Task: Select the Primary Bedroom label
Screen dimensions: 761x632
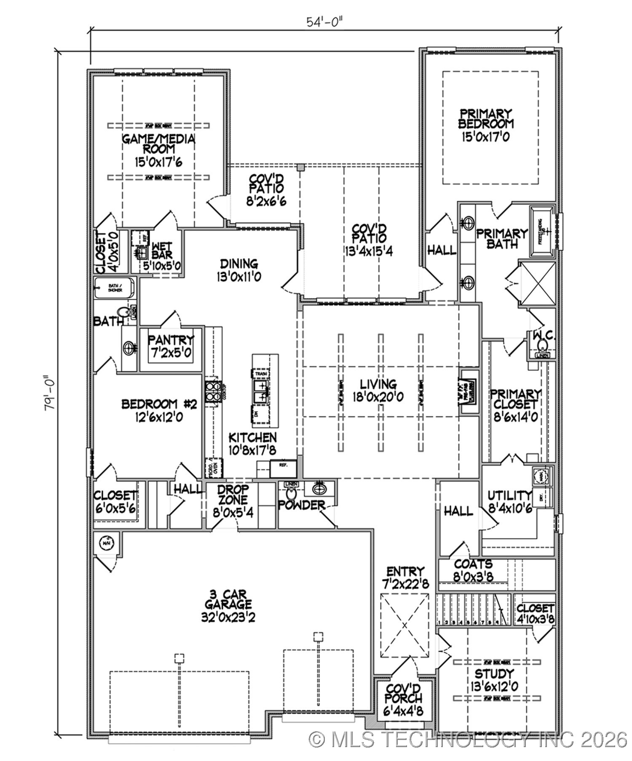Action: (x=486, y=119)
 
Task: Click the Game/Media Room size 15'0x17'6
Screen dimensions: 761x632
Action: (x=158, y=162)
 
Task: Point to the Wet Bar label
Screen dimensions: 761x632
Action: (x=162, y=251)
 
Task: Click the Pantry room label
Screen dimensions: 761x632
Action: (x=171, y=339)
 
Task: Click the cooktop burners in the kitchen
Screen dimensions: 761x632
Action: (x=213, y=391)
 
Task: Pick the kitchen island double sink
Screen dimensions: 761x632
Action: (x=261, y=391)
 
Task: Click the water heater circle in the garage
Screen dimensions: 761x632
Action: (x=107, y=543)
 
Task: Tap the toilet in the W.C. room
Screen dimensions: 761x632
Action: (x=542, y=346)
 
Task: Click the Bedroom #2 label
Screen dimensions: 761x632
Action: (x=159, y=404)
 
